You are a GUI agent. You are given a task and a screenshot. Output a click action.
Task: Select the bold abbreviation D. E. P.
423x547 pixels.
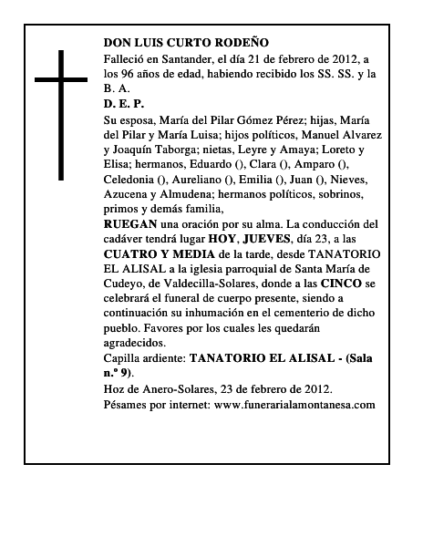click(x=125, y=104)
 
